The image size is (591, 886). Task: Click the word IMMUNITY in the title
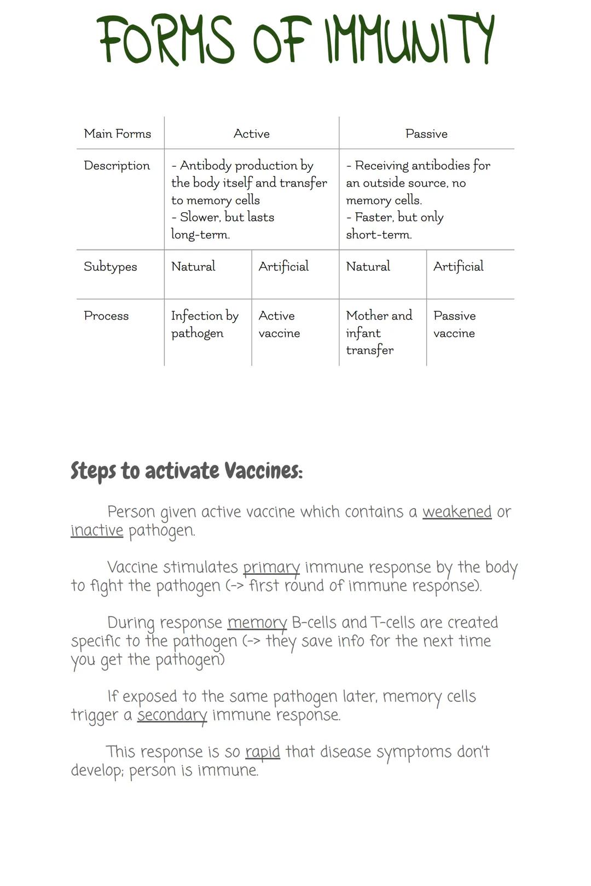tap(409, 39)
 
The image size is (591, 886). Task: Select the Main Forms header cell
tap(117, 133)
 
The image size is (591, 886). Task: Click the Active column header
tap(251, 133)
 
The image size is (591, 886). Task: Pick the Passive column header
tap(426, 133)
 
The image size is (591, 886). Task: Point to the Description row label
tap(117, 166)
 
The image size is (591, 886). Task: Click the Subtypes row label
tap(110, 266)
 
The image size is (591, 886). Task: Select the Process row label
tap(106, 316)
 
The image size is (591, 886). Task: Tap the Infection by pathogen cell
tap(205, 324)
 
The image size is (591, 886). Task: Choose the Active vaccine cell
tap(279, 324)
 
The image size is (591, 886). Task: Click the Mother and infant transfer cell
tap(379, 333)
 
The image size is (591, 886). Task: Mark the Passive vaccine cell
tap(454, 324)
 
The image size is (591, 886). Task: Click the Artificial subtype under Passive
tap(458, 266)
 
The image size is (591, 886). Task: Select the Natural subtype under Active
tap(193, 266)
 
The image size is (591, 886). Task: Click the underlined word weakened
tap(457, 512)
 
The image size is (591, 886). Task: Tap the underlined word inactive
tap(97, 531)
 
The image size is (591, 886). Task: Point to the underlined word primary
tap(271, 567)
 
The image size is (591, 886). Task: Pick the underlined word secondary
tap(172, 715)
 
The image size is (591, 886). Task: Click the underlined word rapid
tap(263, 752)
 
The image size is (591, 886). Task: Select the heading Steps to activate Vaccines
tap(187, 471)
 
